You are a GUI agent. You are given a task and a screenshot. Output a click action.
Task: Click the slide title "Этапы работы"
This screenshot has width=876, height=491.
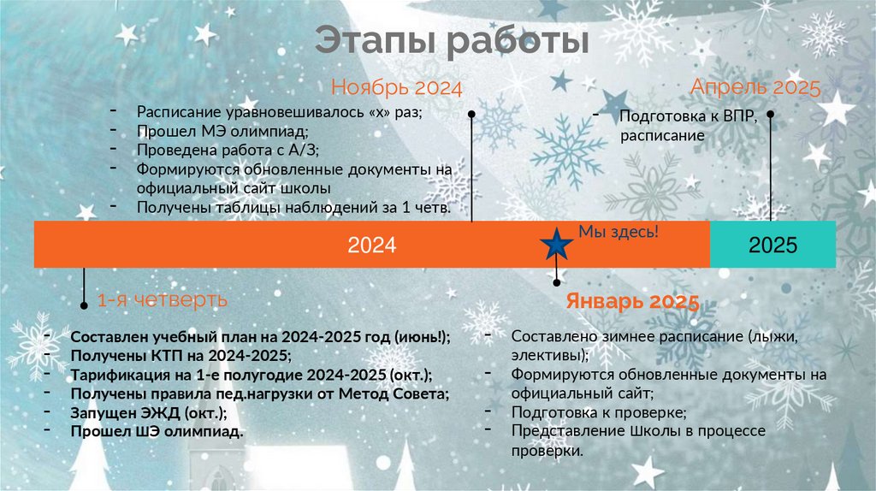[x=452, y=41]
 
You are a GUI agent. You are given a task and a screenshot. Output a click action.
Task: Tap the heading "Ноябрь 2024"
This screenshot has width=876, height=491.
[x=396, y=88]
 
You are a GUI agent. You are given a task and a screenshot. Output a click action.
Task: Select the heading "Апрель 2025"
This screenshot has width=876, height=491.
[x=755, y=87]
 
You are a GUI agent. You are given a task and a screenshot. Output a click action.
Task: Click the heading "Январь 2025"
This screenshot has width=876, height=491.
[x=632, y=302]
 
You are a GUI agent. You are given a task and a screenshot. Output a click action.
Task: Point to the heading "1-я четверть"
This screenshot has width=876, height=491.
[x=162, y=300]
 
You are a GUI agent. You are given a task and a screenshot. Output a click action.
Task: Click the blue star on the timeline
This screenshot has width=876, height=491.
[x=557, y=245]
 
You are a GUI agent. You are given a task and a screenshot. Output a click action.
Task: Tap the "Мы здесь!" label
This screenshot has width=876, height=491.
[x=619, y=232]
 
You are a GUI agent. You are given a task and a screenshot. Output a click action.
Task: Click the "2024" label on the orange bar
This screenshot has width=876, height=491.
[x=371, y=245]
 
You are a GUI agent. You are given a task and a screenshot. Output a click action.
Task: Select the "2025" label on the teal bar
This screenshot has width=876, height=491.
[x=772, y=245]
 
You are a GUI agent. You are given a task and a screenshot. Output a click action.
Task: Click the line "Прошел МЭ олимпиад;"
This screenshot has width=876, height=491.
[x=222, y=131]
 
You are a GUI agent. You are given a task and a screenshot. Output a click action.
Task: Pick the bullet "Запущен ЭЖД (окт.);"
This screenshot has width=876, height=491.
[x=149, y=412]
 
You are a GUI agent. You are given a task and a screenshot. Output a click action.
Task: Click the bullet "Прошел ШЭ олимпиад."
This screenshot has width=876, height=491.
[x=157, y=431]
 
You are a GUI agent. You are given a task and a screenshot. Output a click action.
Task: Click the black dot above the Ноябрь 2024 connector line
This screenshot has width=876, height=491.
[x=471, y=114]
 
